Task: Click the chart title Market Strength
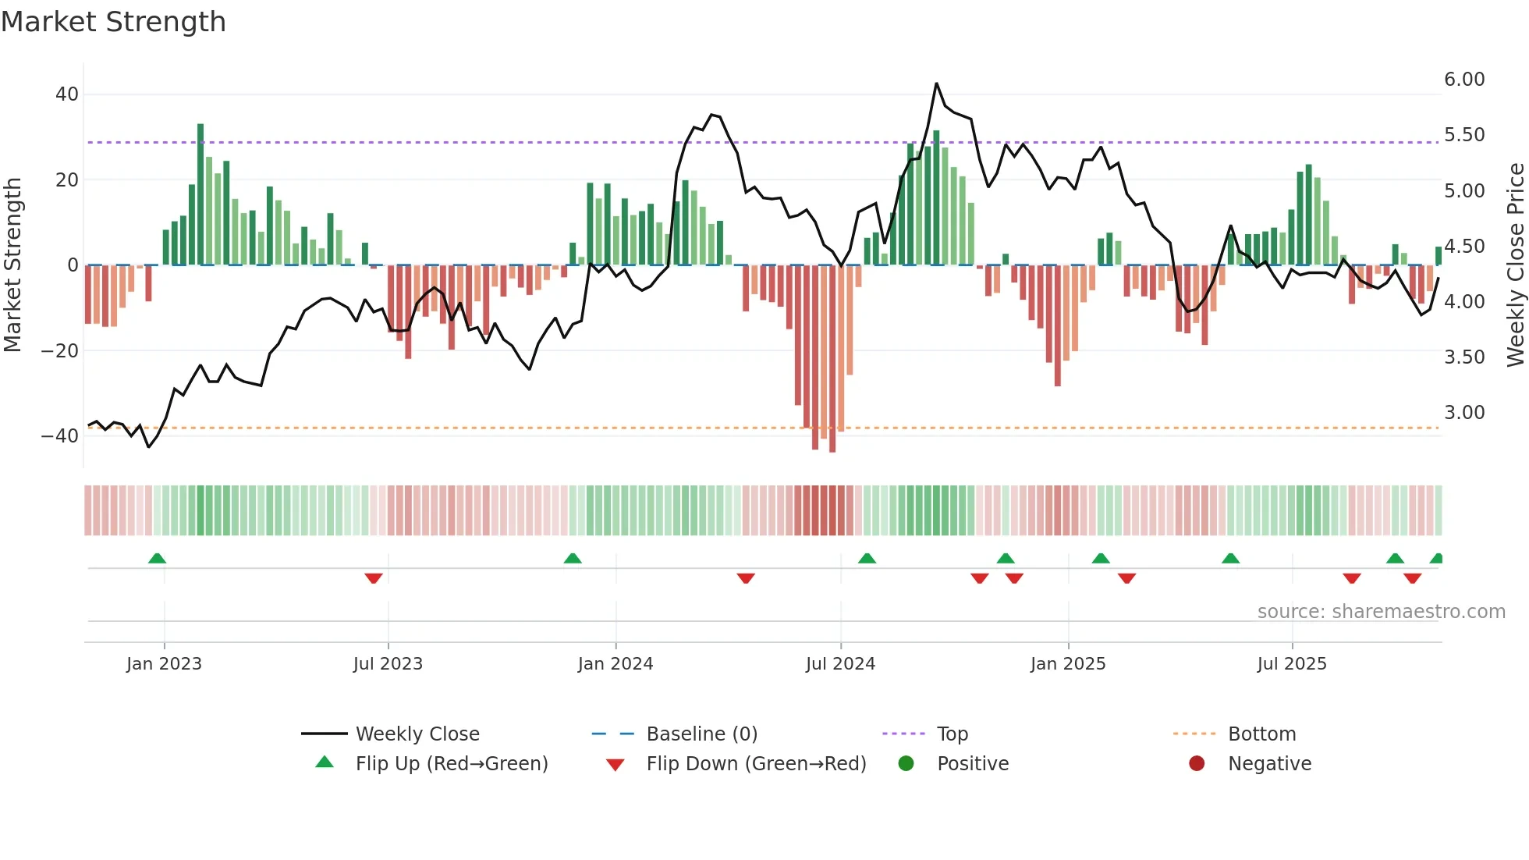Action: click(x=113, y=22)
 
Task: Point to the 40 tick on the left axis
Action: click(x=67, y=94)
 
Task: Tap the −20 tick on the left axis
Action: click(x=59, y=351)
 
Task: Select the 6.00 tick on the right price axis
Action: click(x=1464, y=80)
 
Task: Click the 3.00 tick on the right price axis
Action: click(x=1464, y=413)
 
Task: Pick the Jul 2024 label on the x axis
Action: click(x=840, y=664)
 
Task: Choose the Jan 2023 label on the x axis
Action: click(x=164, y=664)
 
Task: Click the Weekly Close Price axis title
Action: click(x=1515, y=265)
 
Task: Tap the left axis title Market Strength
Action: click(x=12, y=265)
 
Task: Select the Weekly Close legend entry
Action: click(x=417, y=734)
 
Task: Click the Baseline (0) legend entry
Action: click(x=701, y=734)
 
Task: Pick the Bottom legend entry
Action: click(x=1261, y=734)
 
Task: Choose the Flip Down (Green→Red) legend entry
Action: click(x=756, y=764)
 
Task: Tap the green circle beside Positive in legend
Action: click(x=906, y=764)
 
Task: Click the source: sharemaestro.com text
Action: click(x=1381, y=612)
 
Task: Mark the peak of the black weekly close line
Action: click(x=936, y=84)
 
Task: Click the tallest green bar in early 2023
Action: click(x=200, y=195)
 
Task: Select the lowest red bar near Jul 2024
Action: click(x=832, y=359)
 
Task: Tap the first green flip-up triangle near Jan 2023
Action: click(x=157, y=558)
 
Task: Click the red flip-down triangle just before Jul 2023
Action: click(x=374, y=578)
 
